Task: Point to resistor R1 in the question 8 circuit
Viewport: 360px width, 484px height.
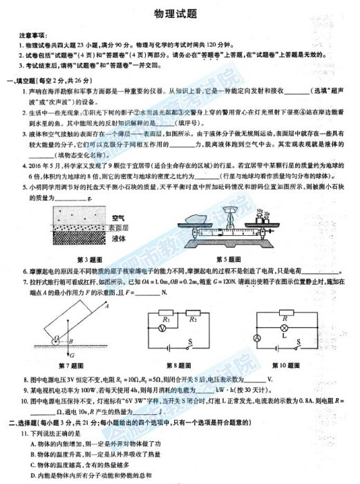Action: click(x=167, y=319)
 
